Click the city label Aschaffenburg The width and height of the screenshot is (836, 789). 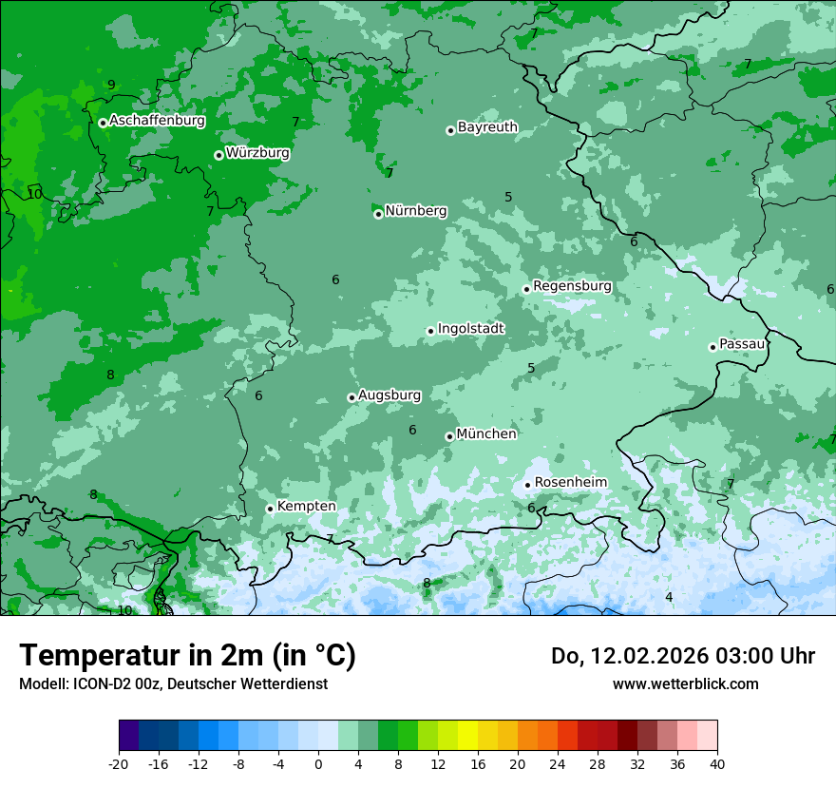coord(157,121)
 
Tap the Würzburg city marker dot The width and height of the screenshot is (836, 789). coord(218,155)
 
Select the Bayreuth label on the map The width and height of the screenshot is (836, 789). coord(487,126)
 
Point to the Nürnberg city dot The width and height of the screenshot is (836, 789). coord(378,214)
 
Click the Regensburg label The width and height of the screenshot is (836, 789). coord(572,286)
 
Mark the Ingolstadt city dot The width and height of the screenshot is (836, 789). coord(430,332)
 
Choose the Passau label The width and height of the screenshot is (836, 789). coord(742,343)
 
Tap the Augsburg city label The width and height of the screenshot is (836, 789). coord(389,394)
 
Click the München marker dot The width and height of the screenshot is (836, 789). coord(449,437)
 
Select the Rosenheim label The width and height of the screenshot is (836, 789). coord(570,482)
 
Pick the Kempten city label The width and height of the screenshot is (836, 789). coord(306,506)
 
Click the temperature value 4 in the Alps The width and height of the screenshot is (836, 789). coord(669,597)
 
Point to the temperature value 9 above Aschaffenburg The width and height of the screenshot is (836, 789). coord(111,85)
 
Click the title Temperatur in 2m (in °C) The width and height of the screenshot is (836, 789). coord(187,656)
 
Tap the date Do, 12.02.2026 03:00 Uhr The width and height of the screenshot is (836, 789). coord(682,656)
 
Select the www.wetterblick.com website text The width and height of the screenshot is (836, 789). coord(685,683)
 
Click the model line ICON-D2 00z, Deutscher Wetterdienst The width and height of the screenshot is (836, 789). coord(173,683)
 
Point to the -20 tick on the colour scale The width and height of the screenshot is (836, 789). coord(119,763)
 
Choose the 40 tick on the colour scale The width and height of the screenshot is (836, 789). coord(716,763)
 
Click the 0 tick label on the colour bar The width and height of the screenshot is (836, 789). coord(318,763)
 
